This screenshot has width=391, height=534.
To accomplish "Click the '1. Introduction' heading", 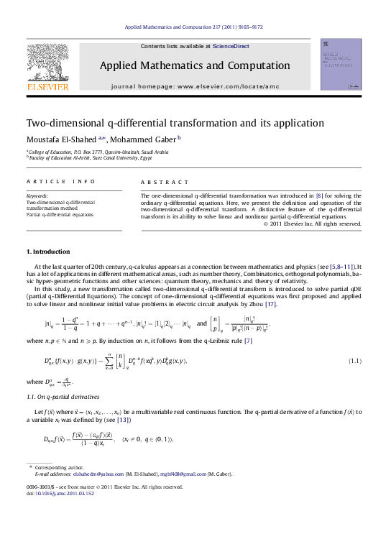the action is click(x=48, y=252).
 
